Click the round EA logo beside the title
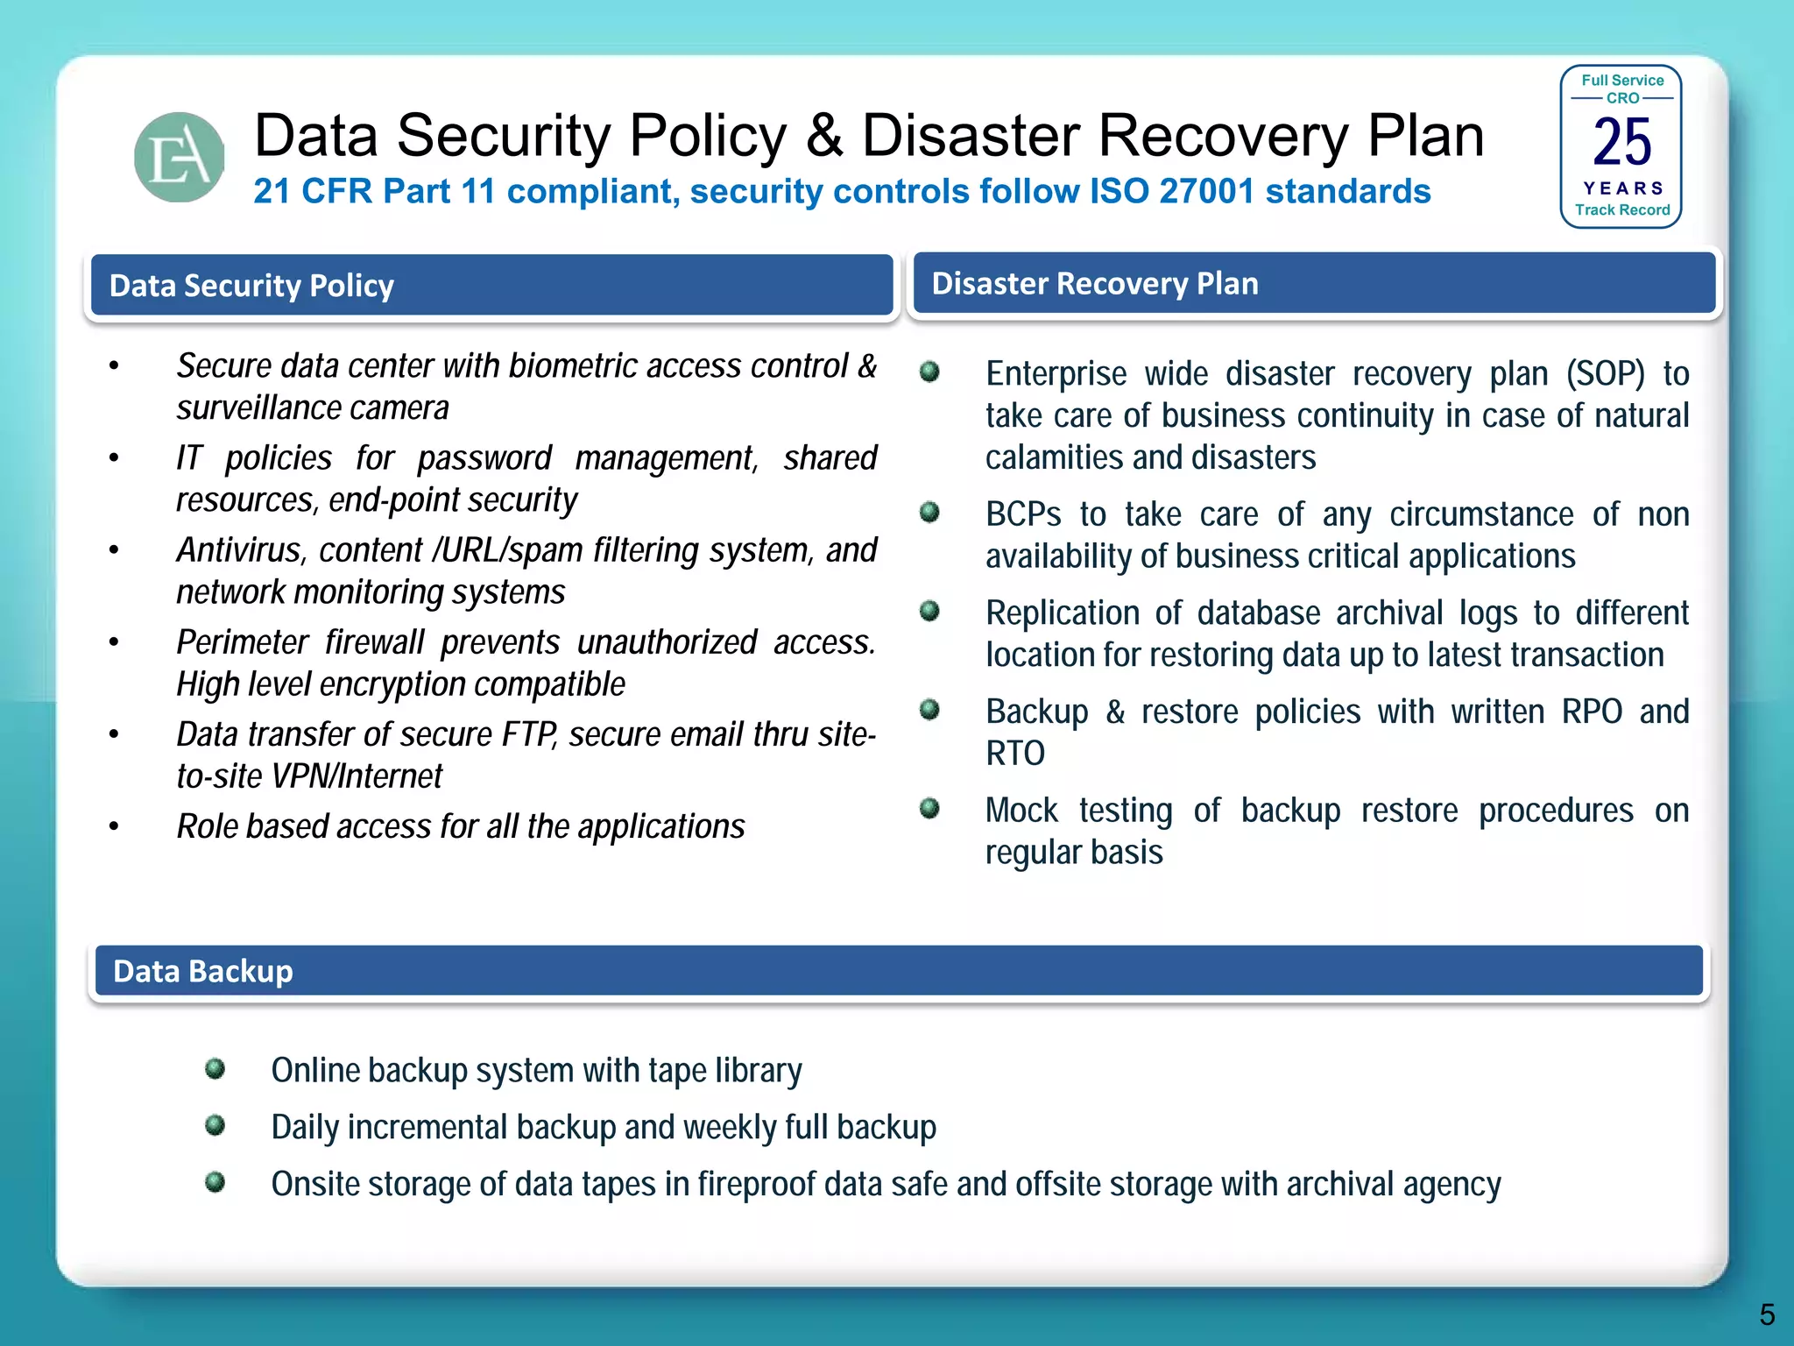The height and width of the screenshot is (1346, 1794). tap(179, 158)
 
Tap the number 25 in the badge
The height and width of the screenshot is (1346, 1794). tap(1621, 142)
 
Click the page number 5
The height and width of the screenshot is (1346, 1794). tap(1767, 1314)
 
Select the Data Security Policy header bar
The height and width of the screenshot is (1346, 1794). tap(491, 286)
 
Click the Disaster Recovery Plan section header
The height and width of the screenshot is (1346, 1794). tap(1314, 284)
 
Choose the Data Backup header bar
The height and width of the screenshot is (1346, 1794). tap(898, 971)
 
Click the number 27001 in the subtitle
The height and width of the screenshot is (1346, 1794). tap(1207, 191)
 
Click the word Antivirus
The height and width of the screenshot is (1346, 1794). tap(239, 550)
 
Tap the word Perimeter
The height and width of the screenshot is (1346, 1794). tap(242, 642)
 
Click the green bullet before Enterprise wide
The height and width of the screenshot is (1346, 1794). tap(929, 372)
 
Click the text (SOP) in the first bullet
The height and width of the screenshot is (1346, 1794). tap(1606, 374)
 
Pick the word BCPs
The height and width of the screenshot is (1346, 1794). tap(1023, 514)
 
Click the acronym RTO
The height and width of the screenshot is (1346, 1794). tap(1015, 754)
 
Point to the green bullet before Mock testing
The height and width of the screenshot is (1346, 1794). tap(929, 808)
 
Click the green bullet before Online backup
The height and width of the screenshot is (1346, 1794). tap(215, 1068)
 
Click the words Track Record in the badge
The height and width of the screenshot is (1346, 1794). tap(1621, 210)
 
